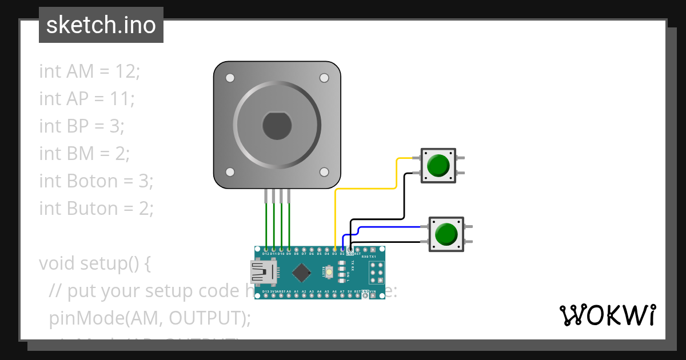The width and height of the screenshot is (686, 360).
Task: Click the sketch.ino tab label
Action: (x=101, y=25)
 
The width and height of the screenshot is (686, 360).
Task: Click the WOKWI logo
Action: (x=607, y=315)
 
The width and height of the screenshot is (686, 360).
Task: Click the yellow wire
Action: (x=366, y=188)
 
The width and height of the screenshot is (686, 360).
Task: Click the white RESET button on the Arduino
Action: (x=329, y=273)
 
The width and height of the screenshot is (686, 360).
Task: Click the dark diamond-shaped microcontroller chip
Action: (x=301, y=273)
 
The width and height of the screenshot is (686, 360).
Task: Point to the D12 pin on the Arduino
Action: (x=266, y=250)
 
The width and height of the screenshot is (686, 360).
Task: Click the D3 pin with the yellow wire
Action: (x=334, y=250)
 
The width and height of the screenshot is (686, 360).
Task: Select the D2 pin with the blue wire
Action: (x=342, y=250)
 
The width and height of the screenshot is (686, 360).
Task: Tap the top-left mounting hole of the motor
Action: (x=230, y=78)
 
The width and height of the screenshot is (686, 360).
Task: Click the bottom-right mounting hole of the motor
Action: (x=324, y=171)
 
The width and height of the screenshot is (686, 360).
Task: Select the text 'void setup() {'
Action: (x=95, y=263)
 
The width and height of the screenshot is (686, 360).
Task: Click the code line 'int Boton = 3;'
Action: (x=96, y=181)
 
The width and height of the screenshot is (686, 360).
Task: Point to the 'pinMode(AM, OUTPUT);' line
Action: (x=150, y=318)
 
